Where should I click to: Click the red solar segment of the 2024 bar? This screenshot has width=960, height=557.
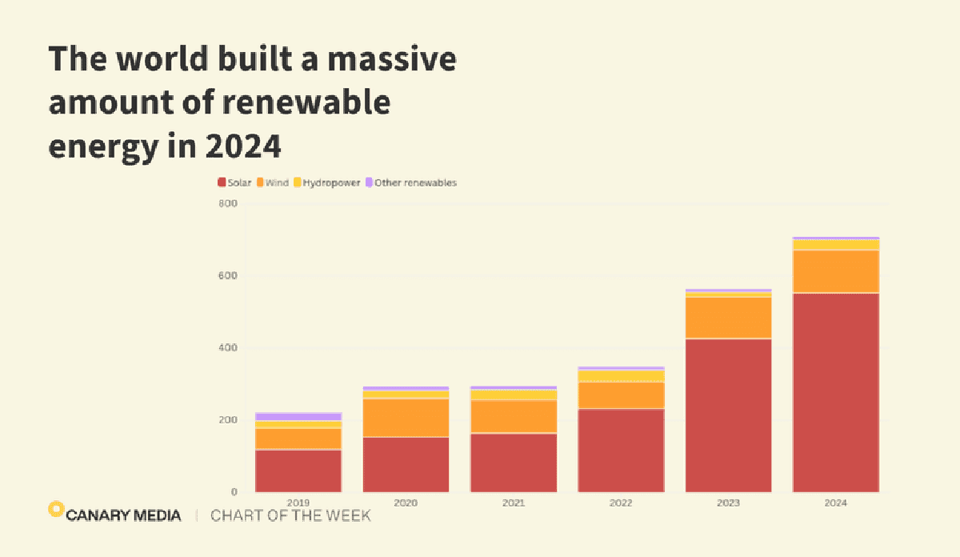coord(835,392)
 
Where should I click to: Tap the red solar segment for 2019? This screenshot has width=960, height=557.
coord(298,471)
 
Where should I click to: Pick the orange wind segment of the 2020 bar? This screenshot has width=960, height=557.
coord(406,417)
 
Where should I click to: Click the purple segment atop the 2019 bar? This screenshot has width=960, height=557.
coord(298,416)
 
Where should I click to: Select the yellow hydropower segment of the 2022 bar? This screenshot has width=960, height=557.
coord(621,376)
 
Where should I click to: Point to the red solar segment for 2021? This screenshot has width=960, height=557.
coord(514,462)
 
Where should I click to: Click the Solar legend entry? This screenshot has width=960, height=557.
coord(234,182)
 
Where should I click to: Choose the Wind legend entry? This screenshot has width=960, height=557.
coord(272,182)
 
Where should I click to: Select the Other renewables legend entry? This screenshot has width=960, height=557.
coord(410,182)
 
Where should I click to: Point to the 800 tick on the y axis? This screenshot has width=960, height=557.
coord(228,204)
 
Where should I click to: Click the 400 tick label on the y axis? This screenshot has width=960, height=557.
coord(228,348)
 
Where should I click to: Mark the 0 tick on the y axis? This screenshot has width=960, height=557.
coord(234,492)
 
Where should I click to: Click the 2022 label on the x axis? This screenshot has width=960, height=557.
coord(621,503)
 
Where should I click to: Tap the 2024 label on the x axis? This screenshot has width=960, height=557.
coord(835,503)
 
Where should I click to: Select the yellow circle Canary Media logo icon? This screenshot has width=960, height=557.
coord(55,508)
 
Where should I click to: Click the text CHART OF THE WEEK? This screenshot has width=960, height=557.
coord(290,515)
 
